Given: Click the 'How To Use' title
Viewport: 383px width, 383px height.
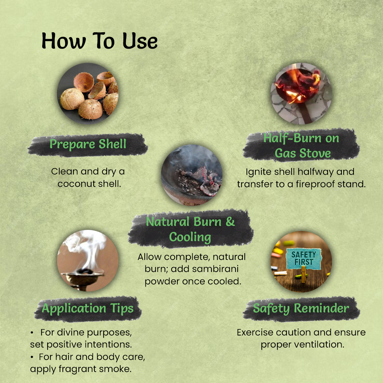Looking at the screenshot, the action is (x=99, y=41).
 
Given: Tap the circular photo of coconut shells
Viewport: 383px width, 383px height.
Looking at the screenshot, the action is (x=88, y=94).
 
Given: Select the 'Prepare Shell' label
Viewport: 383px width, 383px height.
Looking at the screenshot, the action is (x=88, y=144).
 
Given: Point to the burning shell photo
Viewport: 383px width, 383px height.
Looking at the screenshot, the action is (x=301, y=94).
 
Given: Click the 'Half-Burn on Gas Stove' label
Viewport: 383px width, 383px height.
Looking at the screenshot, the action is (x=301, y=146).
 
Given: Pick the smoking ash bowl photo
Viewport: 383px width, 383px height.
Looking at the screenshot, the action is (x=192, y=175).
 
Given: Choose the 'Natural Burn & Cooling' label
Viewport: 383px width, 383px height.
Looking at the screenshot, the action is (x=190, y=229).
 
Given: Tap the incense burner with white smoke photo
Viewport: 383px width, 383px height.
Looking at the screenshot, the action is (x=88, y=261).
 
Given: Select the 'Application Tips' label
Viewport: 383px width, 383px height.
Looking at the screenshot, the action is (x=88, y=309).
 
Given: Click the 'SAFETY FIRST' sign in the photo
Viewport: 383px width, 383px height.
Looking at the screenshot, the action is (x=304, y=259).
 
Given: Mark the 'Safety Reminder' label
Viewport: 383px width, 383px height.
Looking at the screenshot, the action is (x=301, y=308).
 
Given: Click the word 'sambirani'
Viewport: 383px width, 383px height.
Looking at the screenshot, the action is (x=205, y=269).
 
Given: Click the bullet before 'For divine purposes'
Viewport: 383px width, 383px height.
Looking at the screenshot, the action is (x=32, y=333).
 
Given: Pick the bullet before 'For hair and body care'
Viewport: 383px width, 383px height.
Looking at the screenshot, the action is (x=32, y=357).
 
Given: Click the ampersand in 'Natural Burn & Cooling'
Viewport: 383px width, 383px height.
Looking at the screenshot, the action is (x=231, y=222).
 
